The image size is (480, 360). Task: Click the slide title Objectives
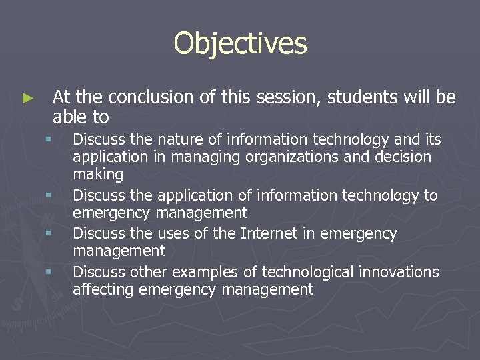(240, 44)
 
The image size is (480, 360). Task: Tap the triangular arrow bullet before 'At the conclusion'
(27, 98)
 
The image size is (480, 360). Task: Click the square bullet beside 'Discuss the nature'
(49, 140)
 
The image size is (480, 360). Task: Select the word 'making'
(98, 175)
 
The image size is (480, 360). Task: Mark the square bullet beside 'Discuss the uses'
(49, 234)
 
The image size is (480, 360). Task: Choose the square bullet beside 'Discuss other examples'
(49, 272)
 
